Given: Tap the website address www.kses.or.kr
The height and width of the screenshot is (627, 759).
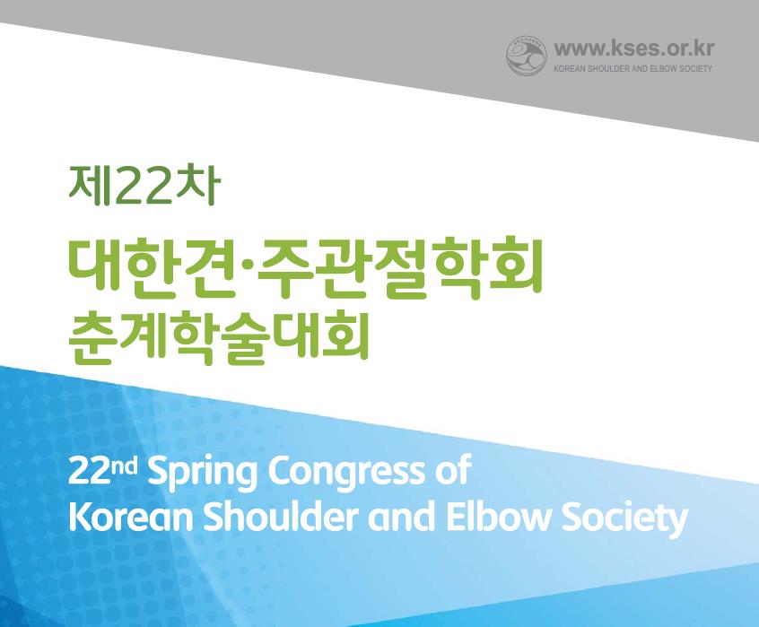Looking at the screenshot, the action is tap(633, 48).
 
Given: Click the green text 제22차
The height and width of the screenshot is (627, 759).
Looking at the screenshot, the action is tap(144, 185).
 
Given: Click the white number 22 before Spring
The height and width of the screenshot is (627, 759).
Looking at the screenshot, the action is tap(88, 472).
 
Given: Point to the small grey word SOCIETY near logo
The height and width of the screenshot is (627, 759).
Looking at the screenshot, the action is tap(695, 69).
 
